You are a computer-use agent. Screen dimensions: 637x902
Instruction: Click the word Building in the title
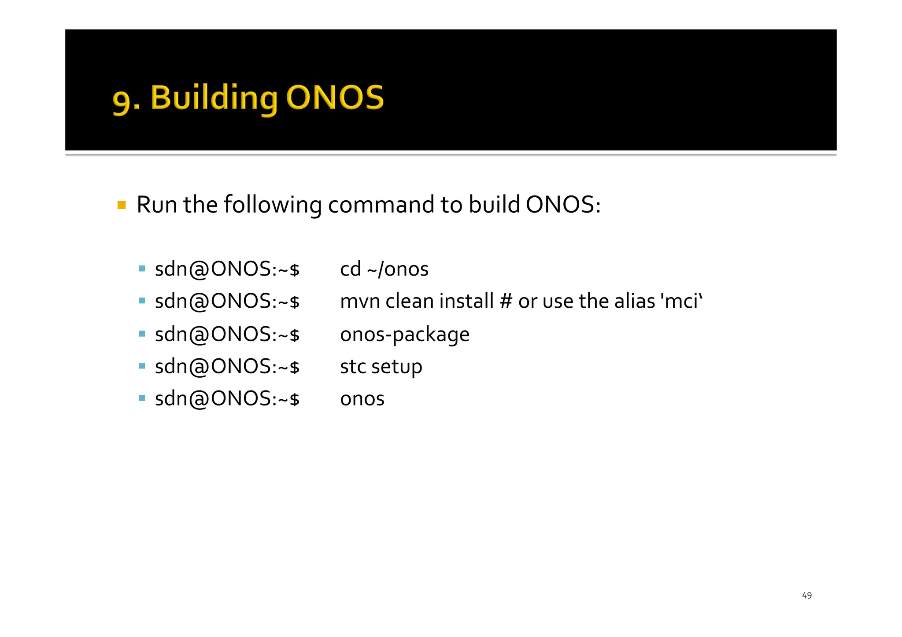point(214,98)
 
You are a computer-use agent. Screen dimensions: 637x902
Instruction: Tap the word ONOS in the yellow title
point(335,98)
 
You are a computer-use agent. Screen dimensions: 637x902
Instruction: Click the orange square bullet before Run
point(122,205)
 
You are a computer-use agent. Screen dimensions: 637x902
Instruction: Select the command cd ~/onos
point(384,269)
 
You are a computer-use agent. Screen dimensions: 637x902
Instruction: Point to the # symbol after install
point(506,302)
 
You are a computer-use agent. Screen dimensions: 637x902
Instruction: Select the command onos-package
point(404,335)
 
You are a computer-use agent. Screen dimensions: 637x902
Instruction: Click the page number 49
point(806,596)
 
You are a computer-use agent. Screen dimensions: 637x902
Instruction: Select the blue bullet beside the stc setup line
point(142,366)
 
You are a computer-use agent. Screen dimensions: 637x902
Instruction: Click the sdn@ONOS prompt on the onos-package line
point(227,335)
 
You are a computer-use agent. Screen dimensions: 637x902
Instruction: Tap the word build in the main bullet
point(494,205)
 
